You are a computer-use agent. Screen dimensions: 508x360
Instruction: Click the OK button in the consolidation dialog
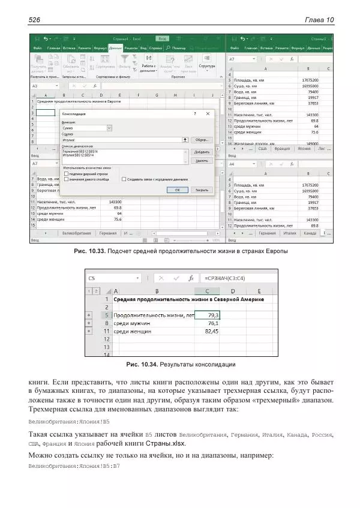[177, 190]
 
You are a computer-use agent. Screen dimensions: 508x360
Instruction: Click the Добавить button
[201, 152]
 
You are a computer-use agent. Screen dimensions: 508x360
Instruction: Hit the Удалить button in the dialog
[201, 161]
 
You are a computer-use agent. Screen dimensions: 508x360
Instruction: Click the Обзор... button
[201, 139]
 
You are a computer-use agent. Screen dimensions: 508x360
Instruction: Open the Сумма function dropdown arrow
[109, 128]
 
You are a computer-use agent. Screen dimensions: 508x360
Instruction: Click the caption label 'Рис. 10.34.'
[142, 364]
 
